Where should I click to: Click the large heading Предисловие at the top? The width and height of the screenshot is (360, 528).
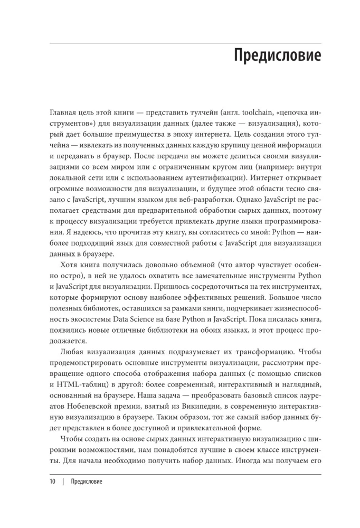pyautogui.click(x=277, y=55)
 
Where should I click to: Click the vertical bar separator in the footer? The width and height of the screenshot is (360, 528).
pyautogui.click(x=63, y=496)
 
